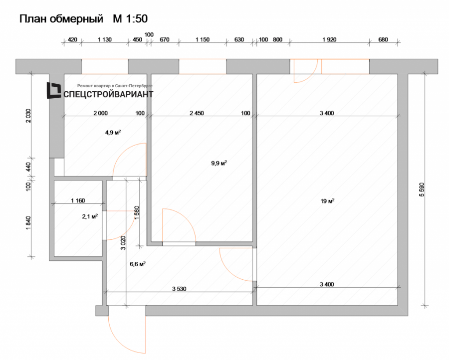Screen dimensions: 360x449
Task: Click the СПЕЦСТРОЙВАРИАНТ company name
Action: [x=107, y=94]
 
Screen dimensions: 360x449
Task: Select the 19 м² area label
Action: [x=327, y=201]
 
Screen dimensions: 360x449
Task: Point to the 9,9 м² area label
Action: [x=219, y=163]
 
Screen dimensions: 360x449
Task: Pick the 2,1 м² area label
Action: [x=89, y=216]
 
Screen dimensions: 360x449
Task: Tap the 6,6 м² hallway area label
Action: [x=137, y=264]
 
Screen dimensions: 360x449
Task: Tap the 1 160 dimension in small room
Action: [x=78, y=201]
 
